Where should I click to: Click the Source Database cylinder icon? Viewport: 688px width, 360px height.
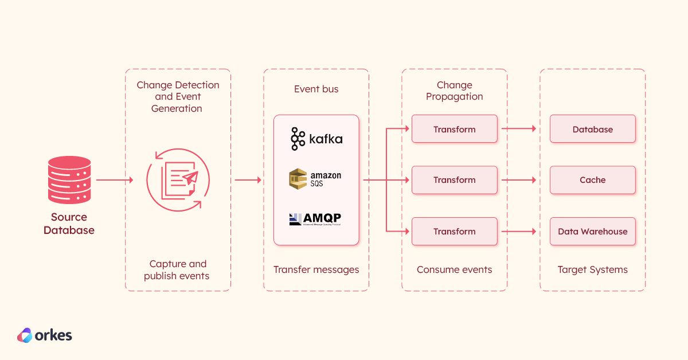(x=69, y=180)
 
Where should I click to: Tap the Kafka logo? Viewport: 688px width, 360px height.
(x=316, y=139)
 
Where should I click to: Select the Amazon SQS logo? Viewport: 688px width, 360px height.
(x=316, y=179)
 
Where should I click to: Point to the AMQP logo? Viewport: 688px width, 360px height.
(x=316, y=219)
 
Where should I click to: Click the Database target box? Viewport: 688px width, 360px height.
(x=592, y=129)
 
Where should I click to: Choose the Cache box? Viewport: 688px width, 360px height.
(x=592, y=180)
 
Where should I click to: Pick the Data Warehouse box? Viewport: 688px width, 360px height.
(x=592, y=232)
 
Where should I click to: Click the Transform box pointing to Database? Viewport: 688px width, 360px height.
(x=454, y=129)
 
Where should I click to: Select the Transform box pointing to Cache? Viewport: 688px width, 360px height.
(x=454, y=180)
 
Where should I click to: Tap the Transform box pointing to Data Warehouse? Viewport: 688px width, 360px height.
(x=454, y=232)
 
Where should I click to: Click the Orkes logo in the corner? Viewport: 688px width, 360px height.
(x=44, y=335)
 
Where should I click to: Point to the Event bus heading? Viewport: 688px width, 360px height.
(x=316, y=89)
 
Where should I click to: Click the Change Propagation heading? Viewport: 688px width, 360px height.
(x=454, y=91)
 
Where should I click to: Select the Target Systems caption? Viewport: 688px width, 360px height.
(x=592, y=269)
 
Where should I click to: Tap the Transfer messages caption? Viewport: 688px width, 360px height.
(x=316, y=269)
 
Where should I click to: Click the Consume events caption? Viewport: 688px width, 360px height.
(x=454, y=269)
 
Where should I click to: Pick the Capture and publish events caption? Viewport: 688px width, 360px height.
(x=177, y=269)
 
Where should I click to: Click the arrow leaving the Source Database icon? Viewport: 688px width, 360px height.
(x=114, y=180)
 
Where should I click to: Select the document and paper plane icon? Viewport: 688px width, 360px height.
(x=177, y=179)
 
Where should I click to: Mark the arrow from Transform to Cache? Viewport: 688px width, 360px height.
(x=519, y=180)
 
